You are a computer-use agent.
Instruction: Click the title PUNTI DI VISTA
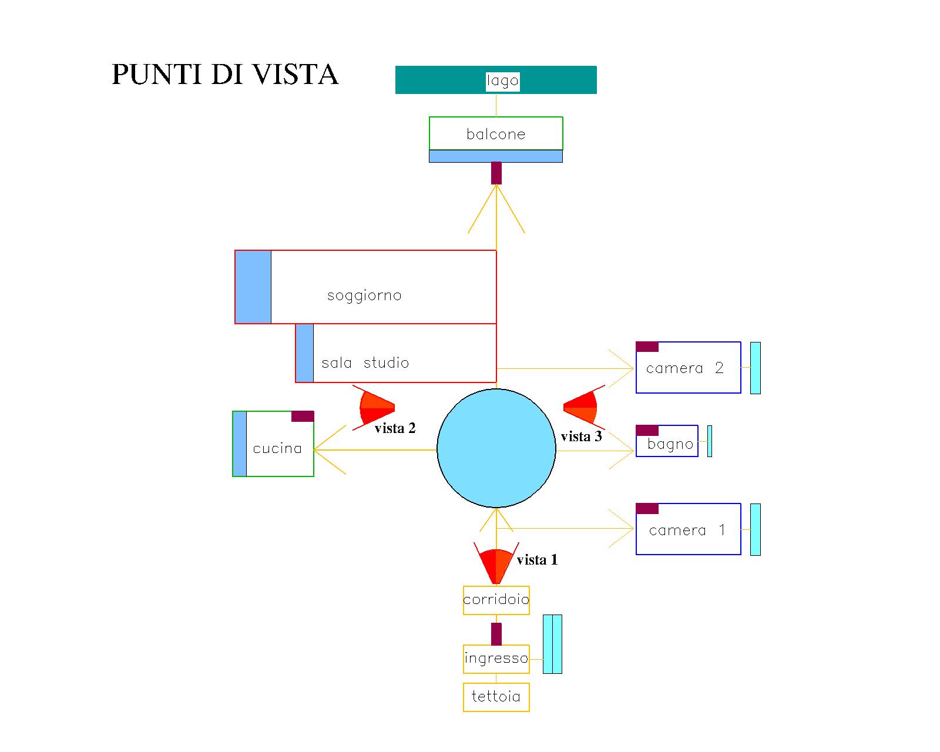pyautogui.click(x=225, y=75)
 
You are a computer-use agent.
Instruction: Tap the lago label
pyautogui.click(x=502, y=80)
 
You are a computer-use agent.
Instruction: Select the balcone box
pyautogui.click(x=496, y=133)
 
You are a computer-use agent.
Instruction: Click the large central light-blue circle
pyautogui.click(x=496, y=448)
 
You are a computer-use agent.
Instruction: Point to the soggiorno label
pyautogui.click(x=364, y=295)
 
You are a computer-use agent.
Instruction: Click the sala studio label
pyautogui.click(x=365, y=362)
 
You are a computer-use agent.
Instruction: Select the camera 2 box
pyautogui.click(x=688, y=368)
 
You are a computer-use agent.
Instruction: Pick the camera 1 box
pyautogui.click(x=688, y=529)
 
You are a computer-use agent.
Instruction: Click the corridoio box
pyautogui.click(x=496, y=600)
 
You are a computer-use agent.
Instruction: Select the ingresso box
pyautogui.click(x=496, y=658)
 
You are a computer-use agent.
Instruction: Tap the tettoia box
pyautogui.click(x=496, y=697)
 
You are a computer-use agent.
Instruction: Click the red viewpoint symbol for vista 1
pyautogui.click(x=496, y=564)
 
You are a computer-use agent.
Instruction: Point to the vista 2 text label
pyautogui.click(x=395, y=428)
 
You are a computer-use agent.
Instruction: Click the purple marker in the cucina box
pyautogui.click(x=303, y=416)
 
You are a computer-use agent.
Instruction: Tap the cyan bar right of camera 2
pyautogui.click(x=756, y=368)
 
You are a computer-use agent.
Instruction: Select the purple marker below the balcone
pyautogui.click(x=496, y=173)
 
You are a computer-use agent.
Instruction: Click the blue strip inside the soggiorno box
pyautogui.click(x=253, y=287)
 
